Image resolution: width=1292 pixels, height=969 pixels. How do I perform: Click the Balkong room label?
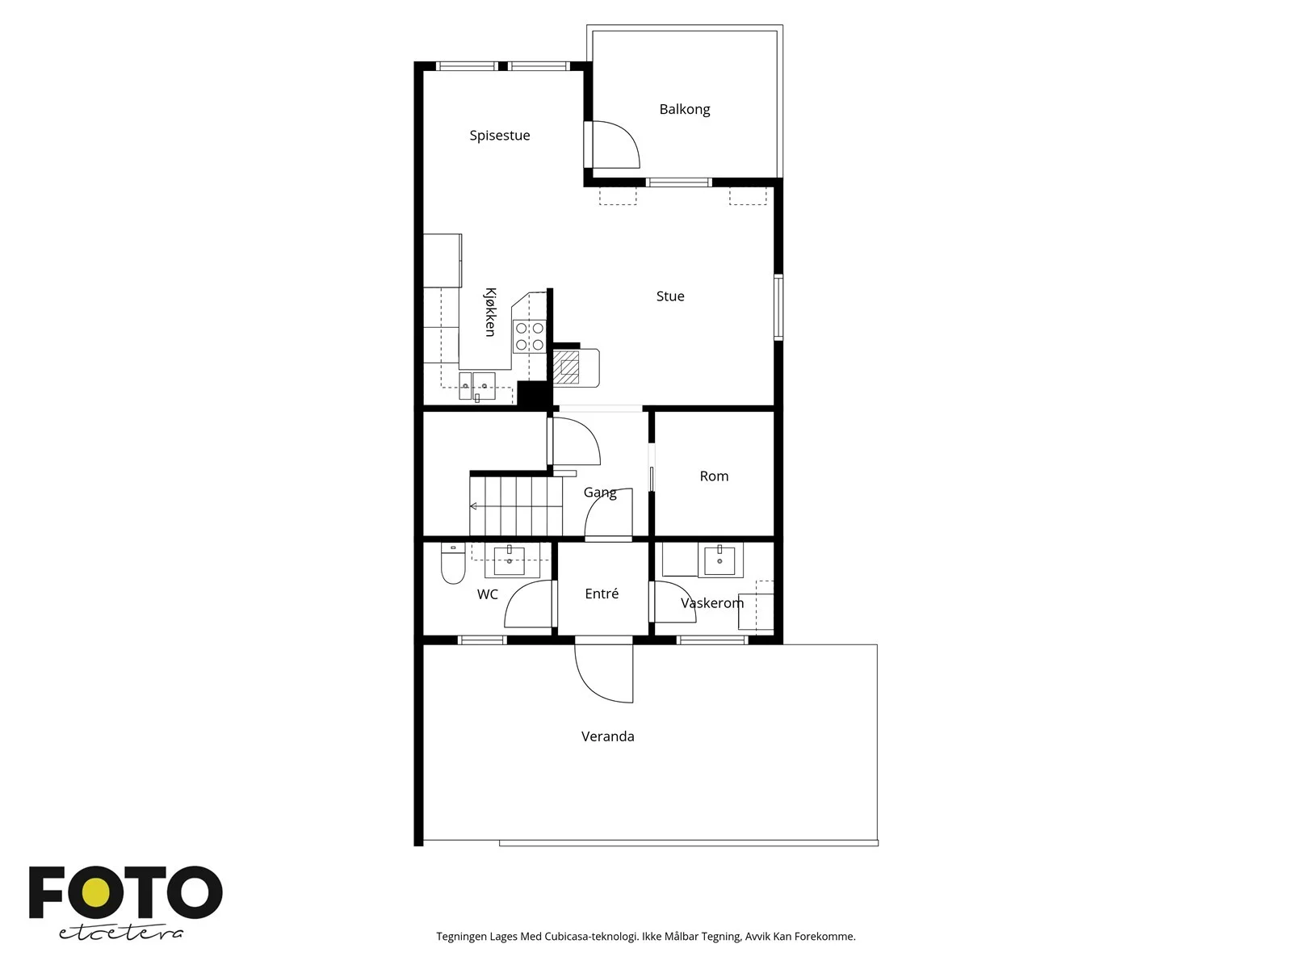tap(684, 110)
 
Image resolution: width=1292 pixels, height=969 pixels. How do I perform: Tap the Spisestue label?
tap(499, 136)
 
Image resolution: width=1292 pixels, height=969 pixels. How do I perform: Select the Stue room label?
tap(670, 296)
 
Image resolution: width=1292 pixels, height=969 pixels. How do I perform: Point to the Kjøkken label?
tap(489, 312)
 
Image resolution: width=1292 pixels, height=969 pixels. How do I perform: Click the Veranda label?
tap(607, 736)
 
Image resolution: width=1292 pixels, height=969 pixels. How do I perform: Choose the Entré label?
tap(601, 594)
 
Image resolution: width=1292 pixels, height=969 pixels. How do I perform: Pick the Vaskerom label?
tap(711, 603)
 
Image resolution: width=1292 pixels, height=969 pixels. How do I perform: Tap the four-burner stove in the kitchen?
tap(529, 337)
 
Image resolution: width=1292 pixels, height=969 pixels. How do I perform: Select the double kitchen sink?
tap(476, 386)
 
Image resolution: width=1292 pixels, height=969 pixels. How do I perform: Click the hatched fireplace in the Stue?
tap(567, 367)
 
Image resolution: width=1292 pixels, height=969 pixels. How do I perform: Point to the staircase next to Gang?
tap(516, 506)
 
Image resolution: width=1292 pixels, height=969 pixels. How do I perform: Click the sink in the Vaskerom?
tap(719, 560)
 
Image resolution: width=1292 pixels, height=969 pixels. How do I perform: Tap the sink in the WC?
tap(510, 560)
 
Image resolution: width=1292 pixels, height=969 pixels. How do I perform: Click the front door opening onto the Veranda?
tap(604, 673)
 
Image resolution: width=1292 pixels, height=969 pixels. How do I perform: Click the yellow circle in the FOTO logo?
tap(96, 892)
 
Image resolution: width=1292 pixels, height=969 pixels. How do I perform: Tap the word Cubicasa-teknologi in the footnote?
tap(591, 936)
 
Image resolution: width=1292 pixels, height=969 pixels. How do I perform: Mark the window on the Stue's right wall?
tap(778, 307)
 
